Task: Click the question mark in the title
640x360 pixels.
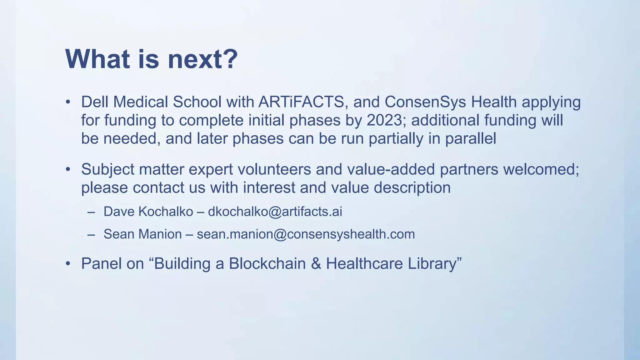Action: point(228,59)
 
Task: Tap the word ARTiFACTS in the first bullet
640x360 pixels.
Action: point(301,102)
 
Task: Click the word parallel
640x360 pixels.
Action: point(471,138)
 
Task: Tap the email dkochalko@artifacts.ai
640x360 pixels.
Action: point(275,212)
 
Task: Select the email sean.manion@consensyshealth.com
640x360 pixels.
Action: point(306,234)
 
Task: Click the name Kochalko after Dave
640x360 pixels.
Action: point(166,212)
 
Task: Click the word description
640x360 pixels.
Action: point(412,188)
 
